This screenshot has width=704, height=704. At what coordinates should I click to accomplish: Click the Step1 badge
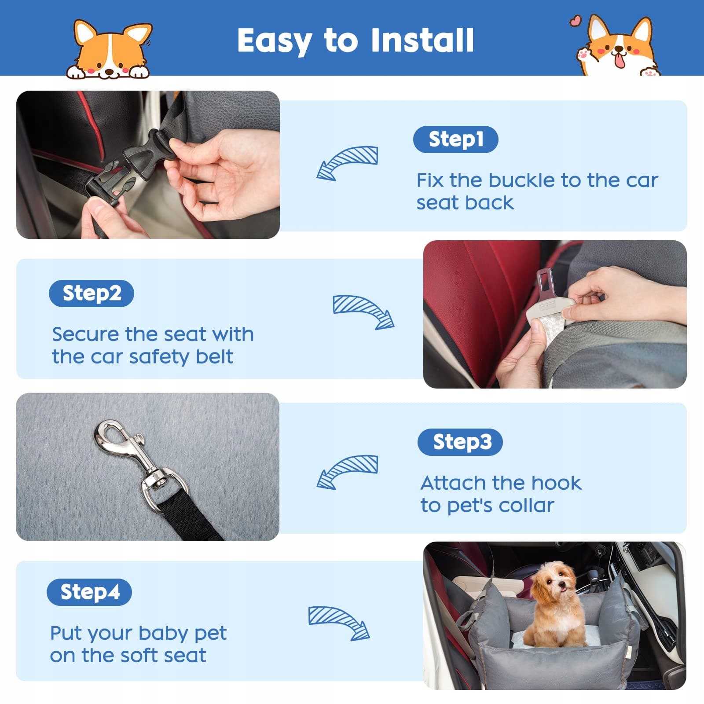(455, 139)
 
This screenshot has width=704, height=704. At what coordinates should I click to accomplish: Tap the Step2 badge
(92, 293)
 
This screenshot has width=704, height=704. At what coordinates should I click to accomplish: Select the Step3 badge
(460, 442)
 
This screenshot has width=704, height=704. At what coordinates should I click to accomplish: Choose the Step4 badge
(89, 592)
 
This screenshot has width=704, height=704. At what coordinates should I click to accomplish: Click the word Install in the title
(422, 40)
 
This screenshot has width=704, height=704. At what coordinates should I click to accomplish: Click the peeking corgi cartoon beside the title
(109, 49)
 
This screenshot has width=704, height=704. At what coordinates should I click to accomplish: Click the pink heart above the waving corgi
(575, 21)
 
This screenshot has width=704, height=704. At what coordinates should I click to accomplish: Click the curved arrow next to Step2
(363, 311)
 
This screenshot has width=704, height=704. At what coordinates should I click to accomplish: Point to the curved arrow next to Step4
(339, 622)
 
